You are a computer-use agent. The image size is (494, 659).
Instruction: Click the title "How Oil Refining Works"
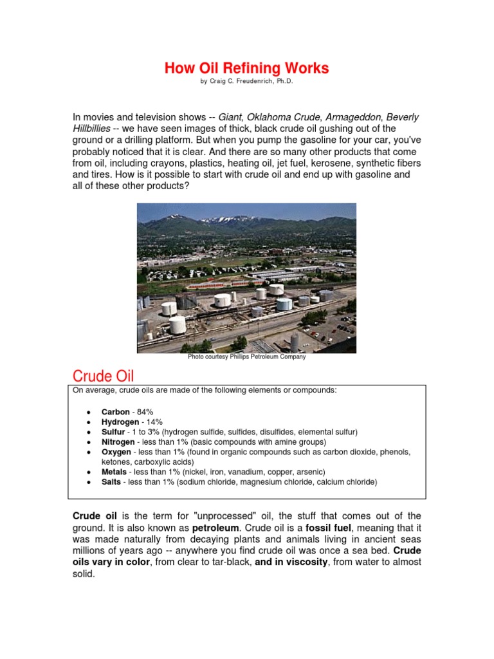(x=246, y=68)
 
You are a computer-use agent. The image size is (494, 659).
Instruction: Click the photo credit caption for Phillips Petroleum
(x=246, y=357)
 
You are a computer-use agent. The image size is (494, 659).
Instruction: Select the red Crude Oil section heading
(x=103, y=376)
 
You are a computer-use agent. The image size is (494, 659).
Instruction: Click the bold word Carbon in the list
(x=115, y=412)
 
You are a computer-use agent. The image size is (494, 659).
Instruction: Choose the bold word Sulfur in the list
(x=113, y=432)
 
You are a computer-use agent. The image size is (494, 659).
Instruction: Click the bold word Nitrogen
(x=118, y=442)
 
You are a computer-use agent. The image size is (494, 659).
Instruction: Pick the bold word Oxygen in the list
(x=116, y=452)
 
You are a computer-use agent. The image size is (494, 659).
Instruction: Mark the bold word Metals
(x=115, y=472)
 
